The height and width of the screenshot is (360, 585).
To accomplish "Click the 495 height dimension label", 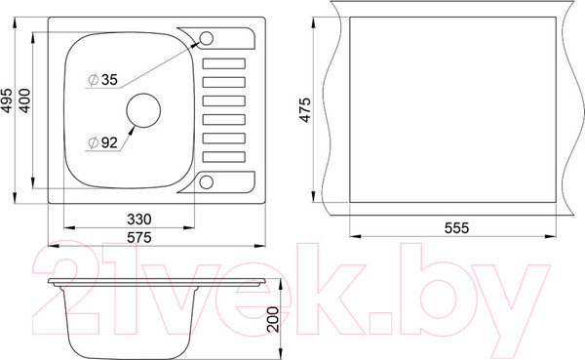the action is (8, 100).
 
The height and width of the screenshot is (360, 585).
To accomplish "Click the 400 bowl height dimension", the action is (24, 100).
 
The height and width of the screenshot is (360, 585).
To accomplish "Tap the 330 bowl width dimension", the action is (139, 220).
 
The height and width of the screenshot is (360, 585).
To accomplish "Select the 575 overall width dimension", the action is (139, 237).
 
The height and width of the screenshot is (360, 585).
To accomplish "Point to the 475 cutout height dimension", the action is (305, 110).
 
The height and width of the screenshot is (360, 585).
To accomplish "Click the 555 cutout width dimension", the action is (456, 227).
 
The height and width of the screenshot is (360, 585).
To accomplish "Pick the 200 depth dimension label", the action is (273, 320).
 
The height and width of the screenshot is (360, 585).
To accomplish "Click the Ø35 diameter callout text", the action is (103, 80).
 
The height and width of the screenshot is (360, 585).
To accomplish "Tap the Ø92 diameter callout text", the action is (103, 142).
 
